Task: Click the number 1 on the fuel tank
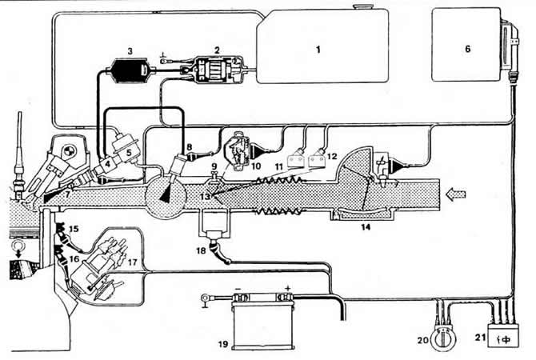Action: tap(318, 50)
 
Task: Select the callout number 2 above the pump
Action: tap(215, 49)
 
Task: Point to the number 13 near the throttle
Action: tap(206, 196)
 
